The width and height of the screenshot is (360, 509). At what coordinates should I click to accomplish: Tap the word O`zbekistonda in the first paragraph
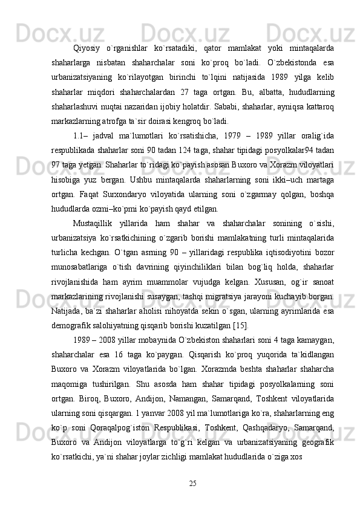293,63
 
